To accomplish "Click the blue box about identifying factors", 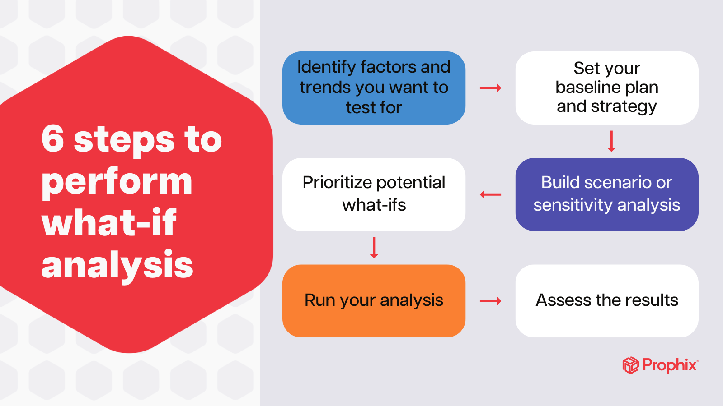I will [x=374, y=88].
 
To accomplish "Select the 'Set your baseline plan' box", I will [x=606, y=88].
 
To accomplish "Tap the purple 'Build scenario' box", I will [x=606, y=194].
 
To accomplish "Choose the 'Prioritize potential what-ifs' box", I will [x=374, y=194].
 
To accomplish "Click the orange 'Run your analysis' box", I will [x=374, y=301].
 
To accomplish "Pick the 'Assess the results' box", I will [x=606, y=301].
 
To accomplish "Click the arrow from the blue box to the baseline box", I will [x=490, y=88].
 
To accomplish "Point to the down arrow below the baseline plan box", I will [x=611, y=141].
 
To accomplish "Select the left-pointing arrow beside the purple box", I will [x=490, y=194].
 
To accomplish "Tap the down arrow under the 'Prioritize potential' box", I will [x=374, y=248].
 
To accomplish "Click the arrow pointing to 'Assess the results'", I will [x=490, y=301].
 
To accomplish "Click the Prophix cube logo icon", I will [x=630, y=365].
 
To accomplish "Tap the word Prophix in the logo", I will [x=670, y=365].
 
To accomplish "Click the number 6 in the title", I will [x=53, y=139].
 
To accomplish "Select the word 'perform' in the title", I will [x=117, y=181].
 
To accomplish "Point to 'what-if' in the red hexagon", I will [x=109, y=223].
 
